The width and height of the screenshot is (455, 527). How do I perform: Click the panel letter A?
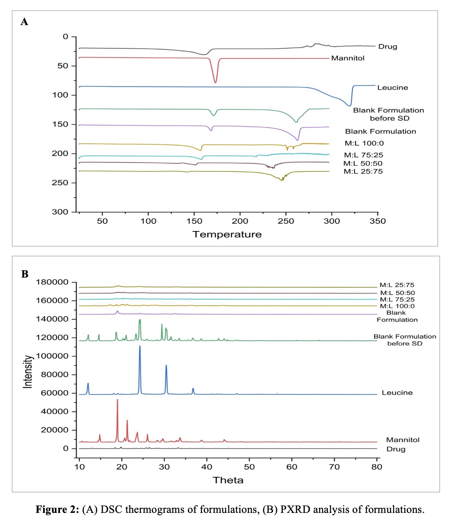(24, 22)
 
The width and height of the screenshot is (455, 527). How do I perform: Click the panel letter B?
(25, 274)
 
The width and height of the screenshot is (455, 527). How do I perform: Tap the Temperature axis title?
(227, 234)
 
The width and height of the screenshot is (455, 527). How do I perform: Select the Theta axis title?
(228, 480)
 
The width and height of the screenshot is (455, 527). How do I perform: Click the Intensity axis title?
(28, 372)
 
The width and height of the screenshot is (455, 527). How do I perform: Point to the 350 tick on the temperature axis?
(377, 221)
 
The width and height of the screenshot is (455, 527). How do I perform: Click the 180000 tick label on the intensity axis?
(52, 282)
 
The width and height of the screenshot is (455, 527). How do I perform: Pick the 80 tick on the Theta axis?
(377, 467)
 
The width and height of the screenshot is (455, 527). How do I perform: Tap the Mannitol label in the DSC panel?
(348, 58)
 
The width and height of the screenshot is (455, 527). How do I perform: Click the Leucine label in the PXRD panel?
(397, 393)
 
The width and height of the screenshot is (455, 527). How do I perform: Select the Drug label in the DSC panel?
(388, 47)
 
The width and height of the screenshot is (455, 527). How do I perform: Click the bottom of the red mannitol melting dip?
(215, 83)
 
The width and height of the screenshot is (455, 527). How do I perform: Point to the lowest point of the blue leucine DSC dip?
(349, 105)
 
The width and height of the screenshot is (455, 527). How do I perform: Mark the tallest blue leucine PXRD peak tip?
(140, 346)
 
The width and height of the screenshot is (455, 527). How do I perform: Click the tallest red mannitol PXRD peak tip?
(117, 400)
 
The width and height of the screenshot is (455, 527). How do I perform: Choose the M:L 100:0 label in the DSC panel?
(364, 143)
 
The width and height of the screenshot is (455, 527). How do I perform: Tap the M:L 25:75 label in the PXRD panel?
(397, 285)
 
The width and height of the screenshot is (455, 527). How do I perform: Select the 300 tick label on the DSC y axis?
(60, 212)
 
